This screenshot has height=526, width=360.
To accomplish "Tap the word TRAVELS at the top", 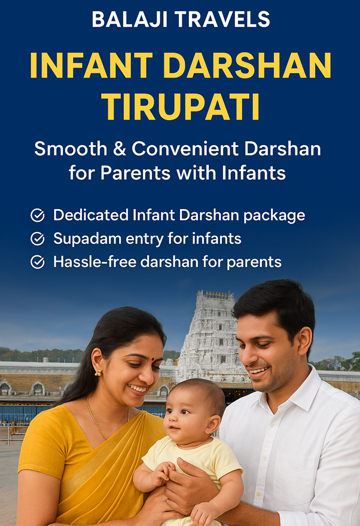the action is coord(222,20).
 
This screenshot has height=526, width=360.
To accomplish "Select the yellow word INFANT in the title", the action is coord(91,66).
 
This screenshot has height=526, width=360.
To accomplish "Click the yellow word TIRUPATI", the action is coord(181,106).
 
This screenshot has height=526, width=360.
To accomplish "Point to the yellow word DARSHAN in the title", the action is coord(247,66).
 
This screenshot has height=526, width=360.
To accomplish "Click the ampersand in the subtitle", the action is coord(119,149).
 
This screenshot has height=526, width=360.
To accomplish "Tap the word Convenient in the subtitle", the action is coord(185,149).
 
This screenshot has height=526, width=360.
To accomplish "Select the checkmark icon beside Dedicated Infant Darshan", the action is coord(38,215).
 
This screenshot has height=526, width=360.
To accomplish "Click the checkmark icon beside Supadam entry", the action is coord(38,239).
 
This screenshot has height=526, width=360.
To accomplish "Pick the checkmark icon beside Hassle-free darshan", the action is coord(38,262).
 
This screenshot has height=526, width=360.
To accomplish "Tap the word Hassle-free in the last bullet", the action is coord(95,262).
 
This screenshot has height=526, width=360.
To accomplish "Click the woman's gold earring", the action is coord(98,373).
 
